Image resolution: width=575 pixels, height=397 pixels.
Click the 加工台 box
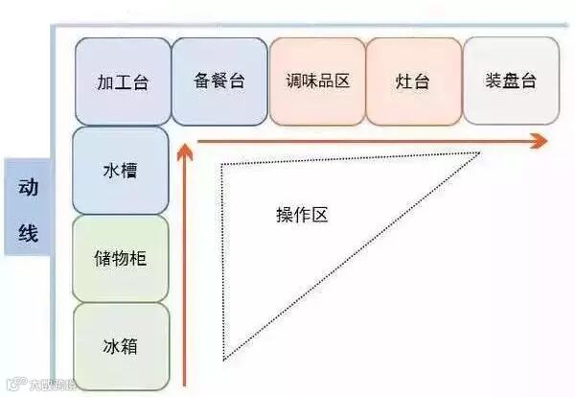[123, 82]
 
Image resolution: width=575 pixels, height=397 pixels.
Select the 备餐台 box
[219, 81]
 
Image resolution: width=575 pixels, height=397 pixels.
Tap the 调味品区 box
[317, 81]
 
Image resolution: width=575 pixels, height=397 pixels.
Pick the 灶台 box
[413, 81]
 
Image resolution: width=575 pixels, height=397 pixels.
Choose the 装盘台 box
[511, 81]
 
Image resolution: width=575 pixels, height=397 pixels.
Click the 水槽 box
[121, 171]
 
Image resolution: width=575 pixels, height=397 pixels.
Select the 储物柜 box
[121, 258]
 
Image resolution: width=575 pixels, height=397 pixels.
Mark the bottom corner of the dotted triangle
[225, 360]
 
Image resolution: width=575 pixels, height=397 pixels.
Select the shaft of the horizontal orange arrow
[364, 142]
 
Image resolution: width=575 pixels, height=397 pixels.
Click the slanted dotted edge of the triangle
[355, 255]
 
